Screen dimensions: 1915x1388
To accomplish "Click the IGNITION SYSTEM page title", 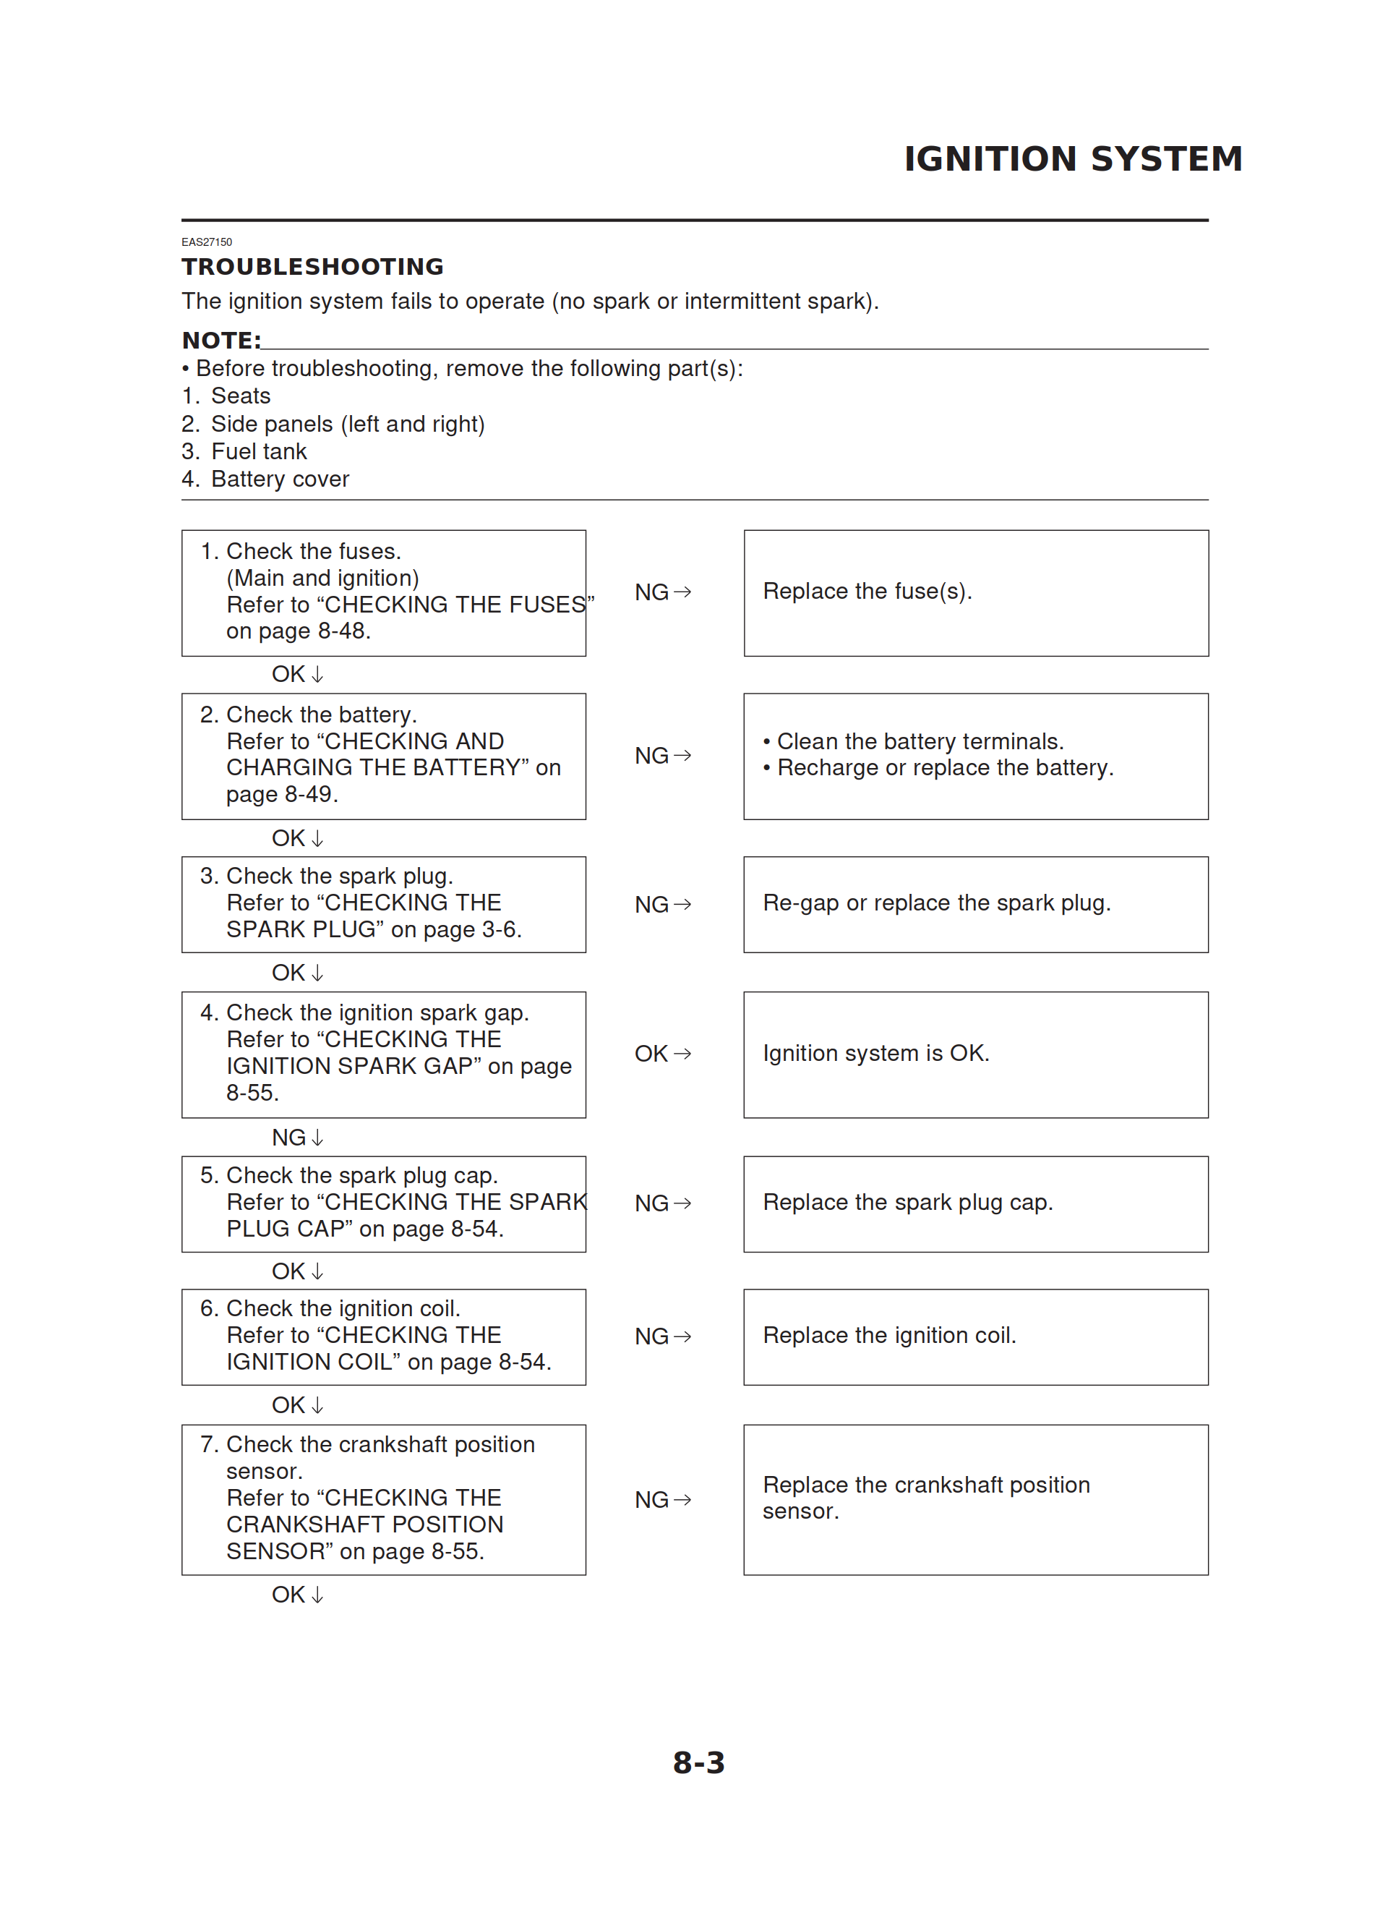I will (1072, 158).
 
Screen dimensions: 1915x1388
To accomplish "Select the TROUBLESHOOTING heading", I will (312, 267).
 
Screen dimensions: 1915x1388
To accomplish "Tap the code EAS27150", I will (207, 242).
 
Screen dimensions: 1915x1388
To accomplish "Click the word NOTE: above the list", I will (221, 341).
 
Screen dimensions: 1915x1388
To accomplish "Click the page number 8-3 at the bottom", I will (698, 1763).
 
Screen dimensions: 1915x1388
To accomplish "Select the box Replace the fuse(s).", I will (975, 593).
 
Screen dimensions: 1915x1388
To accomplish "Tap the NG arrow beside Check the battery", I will (663, 756).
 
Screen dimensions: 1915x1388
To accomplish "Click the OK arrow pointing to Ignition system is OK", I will (663, 1054).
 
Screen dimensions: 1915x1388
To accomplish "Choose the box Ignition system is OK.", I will (975, 1054).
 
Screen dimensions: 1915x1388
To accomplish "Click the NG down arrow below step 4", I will (297, 1138).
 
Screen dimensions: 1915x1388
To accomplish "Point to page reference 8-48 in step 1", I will (343, 631).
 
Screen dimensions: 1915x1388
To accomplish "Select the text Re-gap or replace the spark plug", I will (936, 903).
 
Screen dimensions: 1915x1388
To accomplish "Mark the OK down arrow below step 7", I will (297, 1595).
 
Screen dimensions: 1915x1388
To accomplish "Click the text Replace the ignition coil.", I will (889, 1336).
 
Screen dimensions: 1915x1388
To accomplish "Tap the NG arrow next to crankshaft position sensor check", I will (663, 1500).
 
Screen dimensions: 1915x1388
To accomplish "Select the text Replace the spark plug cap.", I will (907, 1203).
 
